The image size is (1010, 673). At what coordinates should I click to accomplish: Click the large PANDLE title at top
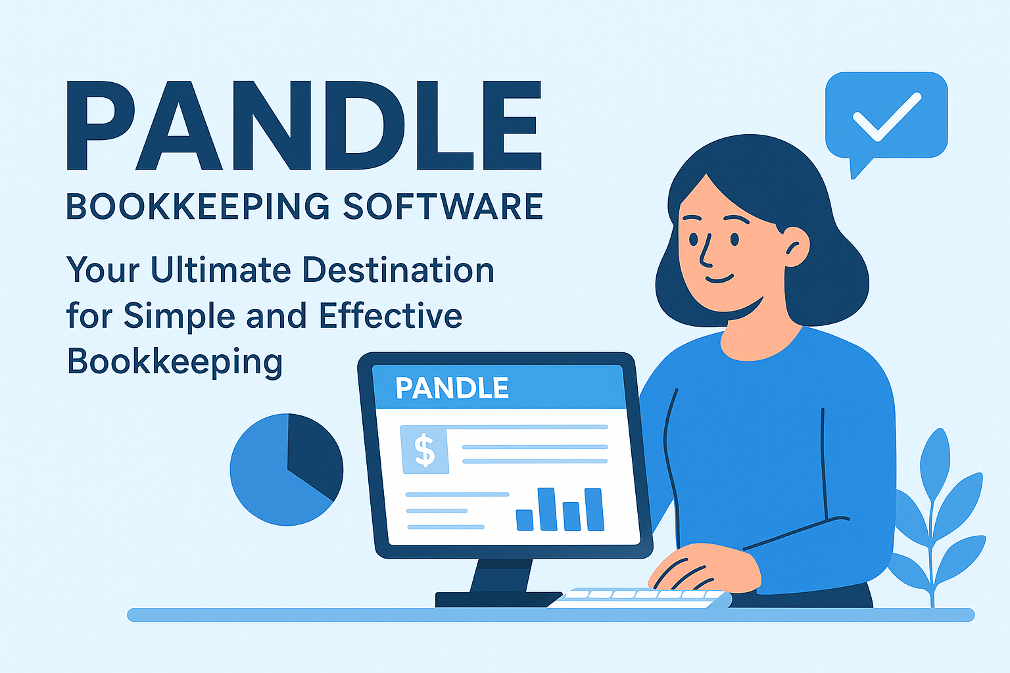click(304, 126)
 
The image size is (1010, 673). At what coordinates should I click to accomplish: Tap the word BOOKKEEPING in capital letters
click(198, 206)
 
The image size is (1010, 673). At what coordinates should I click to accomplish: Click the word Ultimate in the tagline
click(221, 269)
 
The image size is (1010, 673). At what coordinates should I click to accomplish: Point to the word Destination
click(398, 269)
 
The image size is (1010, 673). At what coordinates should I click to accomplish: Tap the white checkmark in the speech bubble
click(887, 117)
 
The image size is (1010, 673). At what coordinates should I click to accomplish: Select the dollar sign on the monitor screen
click(424, 450)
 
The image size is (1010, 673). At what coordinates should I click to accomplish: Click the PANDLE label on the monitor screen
click(452, 388)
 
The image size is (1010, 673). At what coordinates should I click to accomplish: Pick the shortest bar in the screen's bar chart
click(524, 520)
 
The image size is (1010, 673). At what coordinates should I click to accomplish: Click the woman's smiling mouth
click(719, 279)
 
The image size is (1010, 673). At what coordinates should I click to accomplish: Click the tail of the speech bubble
click(859, 168)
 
